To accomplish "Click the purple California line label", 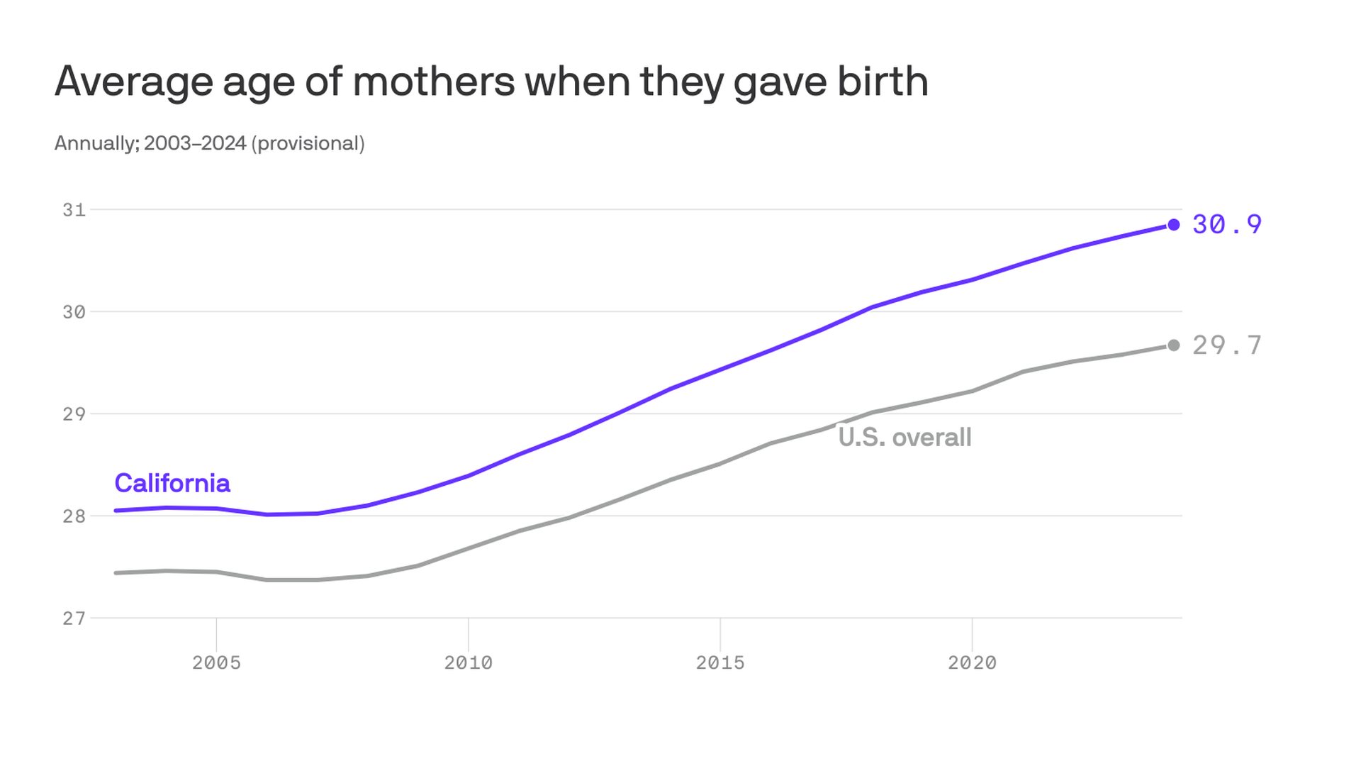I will [x=172, y=483].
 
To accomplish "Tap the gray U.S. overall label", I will [x=904, y=437].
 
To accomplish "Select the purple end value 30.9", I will [x=1227, y=224].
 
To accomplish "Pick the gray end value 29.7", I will [x=1227, y=345].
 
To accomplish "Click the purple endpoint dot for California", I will [x=1174, y=225].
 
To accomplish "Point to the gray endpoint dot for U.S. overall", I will [x=1174, y=345].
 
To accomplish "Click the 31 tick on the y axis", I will [x=74, y=210].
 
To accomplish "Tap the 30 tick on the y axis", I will [x=74, y=312].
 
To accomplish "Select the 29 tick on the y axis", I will [x=74, y=414].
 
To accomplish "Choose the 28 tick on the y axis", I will [x=74, y=516].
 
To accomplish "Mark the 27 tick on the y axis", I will [x=74, y=618].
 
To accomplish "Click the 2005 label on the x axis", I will [x=216, y=662].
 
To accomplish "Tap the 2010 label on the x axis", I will [x=468, y=662].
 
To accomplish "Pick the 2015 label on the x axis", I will [x=720, y=662].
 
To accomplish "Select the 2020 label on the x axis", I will [x=972, y=662].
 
